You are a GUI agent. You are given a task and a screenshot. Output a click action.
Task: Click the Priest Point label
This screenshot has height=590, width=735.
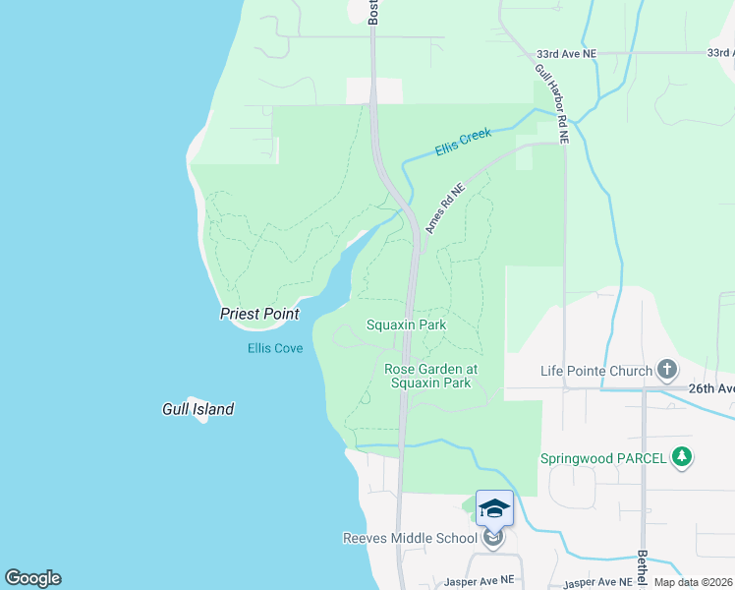pos(259,314)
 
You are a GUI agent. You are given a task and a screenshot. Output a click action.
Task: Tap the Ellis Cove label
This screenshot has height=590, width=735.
pos(275,348)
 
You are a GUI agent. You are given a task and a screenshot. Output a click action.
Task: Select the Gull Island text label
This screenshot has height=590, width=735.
pos(198,409)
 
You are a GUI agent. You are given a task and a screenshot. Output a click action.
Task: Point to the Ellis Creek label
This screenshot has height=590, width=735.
pos(462,143)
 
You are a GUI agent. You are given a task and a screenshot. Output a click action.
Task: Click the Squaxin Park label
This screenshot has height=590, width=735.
pos(406,324)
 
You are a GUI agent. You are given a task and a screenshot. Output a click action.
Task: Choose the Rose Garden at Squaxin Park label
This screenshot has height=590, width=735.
pos(430,376)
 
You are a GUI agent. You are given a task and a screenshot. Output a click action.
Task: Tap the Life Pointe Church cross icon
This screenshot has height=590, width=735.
pos(667,370)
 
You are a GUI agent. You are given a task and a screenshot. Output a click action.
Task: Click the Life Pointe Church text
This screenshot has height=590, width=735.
pos(596,371)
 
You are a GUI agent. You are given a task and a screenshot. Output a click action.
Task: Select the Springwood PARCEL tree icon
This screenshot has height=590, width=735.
pos(681,457)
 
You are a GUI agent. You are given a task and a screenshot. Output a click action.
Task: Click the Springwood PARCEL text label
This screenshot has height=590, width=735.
pos(603,458)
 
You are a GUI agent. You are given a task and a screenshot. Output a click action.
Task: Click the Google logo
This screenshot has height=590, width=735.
pos(32,578)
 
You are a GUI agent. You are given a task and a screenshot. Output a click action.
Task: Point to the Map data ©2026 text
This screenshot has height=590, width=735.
pos(693,582)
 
